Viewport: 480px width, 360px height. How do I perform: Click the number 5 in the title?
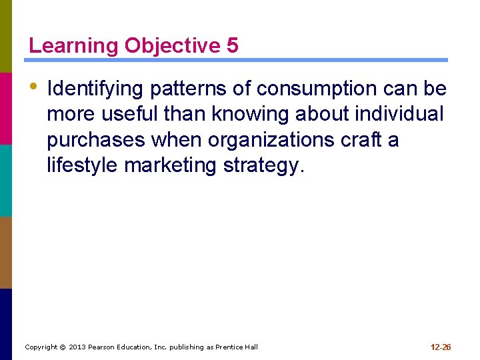(x=232, y=45)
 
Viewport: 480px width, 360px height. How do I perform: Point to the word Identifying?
(x=96, y=89)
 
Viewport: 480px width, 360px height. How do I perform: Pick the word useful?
(x=130, y=115)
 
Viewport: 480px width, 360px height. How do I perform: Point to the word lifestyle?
(x=83, y=165)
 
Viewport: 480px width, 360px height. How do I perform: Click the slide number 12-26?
(x=441, y=347)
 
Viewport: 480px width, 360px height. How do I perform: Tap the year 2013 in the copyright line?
(x=78, y=347)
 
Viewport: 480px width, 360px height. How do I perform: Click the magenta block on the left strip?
(x=6, y=108)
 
